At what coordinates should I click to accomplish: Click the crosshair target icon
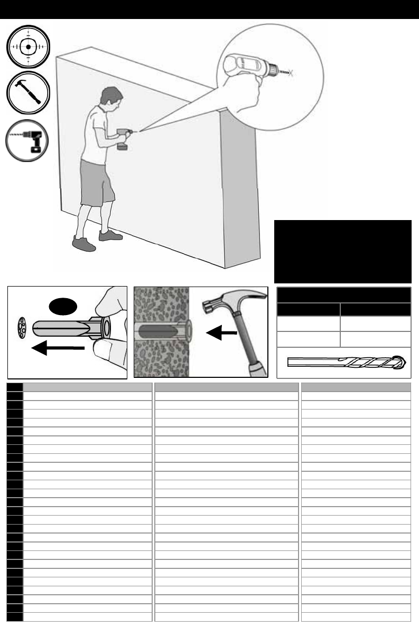(x=29, y=46)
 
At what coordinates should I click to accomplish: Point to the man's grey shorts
(x=97, y=182)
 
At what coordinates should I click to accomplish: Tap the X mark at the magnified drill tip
(x=291, y=74)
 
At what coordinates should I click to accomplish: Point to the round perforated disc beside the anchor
(x=23, y=329)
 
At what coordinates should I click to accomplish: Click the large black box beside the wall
(x=342, y=251)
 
